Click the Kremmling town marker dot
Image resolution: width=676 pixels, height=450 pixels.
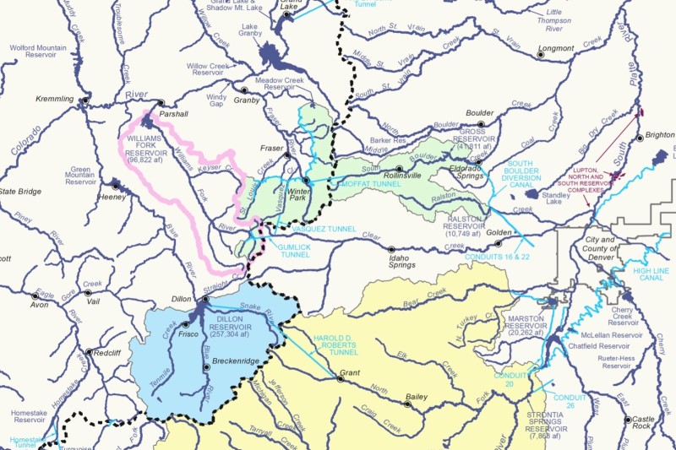click(x=84, y=100)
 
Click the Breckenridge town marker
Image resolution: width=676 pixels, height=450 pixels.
click(x=206, y=367)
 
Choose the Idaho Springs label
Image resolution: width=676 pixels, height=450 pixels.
click(x=401, y=259)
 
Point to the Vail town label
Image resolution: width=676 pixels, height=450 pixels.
click(x=93, y=301)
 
